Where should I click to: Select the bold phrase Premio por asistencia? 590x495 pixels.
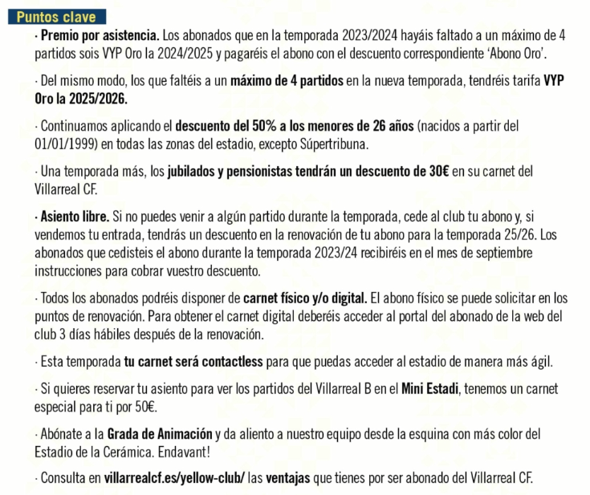coord(100,36)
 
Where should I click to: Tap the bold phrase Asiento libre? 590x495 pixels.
coord(74,217)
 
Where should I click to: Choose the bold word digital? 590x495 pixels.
coord(347,296)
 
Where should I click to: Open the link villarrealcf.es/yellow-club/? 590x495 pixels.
coord(173,479)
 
